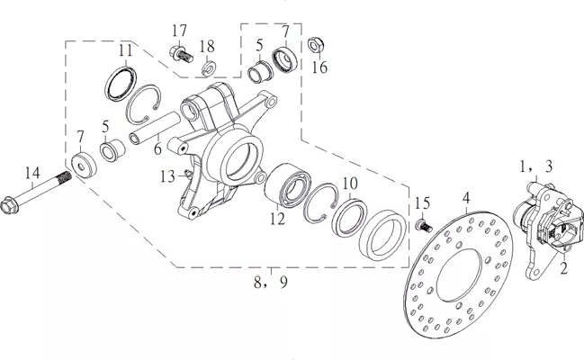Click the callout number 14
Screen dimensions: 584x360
point(32,174)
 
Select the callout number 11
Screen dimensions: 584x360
point(125,50)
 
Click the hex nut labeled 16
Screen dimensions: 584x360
point(316,45)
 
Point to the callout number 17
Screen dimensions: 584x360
point(179,31)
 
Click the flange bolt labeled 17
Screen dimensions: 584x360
point(182,55)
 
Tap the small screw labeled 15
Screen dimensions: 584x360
point(424,226)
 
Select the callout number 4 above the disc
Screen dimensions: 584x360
point(467,199)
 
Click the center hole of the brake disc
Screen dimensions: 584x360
point(459,275)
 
